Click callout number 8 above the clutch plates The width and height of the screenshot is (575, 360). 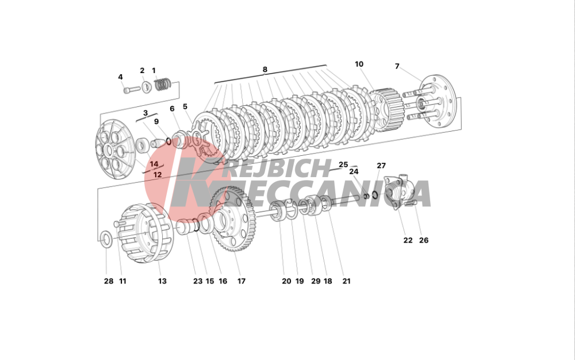click(x=264, y=69)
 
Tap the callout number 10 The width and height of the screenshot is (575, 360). click(x=359, y=64)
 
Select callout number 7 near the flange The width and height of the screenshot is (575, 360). click(x=397, y=66)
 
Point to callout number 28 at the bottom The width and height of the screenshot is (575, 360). click(x=109, y=281)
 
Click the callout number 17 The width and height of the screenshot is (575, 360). click(x=241, y=281)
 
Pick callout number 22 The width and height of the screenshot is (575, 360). click(x=408, y=240)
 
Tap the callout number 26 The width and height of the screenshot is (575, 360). click(x=424, y=240)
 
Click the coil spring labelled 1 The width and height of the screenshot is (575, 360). click(x=163, y=85)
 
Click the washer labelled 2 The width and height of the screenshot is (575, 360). click(x=147, y=87)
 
